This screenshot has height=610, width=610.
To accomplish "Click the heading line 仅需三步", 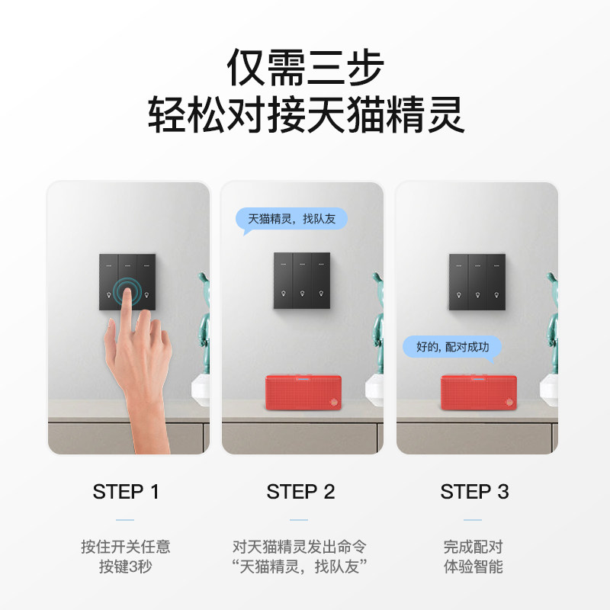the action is pyautogui.click(x=306, y=67).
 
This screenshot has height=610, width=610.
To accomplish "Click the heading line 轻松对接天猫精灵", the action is pyautogui.click(x=306, y=114).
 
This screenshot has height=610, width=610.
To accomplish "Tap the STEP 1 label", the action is pyautogui.click(x=126, y=491).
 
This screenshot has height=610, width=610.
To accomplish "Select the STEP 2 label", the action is pyautogui.click(x=300, y=491).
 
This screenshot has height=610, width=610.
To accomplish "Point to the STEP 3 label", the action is pyautogui.click(x=474, y=491).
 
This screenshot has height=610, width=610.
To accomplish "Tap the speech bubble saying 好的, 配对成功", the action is pyautogui.click(x=452, y=348).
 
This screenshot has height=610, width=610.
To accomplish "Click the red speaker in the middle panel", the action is pyautogui.click(x=303, y=392).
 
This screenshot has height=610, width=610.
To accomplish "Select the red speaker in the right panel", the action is pyautogui.click(x=479, y=392).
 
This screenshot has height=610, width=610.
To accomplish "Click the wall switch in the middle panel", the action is pyautogui.click(x=302, y=281).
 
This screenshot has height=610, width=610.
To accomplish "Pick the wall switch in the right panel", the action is pyautogui.click(x=477, y=281).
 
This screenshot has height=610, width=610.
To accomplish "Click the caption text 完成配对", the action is pyautogui.click(x=473, y=547).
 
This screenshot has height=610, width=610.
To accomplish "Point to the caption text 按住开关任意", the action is pyautogui.click(x=126, y=547).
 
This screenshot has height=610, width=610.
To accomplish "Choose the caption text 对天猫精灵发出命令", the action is pyautogui.click(x=300, y=547).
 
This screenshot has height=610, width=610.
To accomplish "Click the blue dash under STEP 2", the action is pyautogui.click(x=299, y=520).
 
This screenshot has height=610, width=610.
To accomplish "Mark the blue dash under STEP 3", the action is pyautogui.click(x=473, y=520).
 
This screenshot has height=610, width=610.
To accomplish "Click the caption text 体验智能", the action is pyautogui.click(x=473, y=567).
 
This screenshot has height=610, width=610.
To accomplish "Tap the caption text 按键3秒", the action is pyautogui.click(x=125, y=567).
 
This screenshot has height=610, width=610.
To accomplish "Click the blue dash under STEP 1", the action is pyautogui.click(x=125, y=520).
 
